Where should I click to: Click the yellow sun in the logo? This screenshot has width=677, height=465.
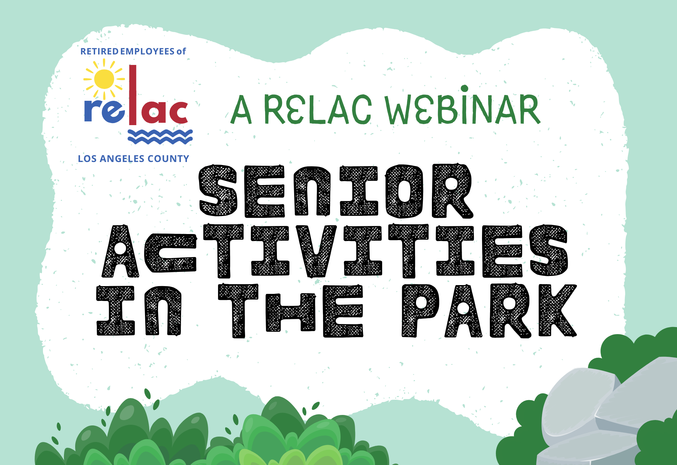point(104,79)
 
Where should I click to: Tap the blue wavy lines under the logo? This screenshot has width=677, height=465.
point(160,137)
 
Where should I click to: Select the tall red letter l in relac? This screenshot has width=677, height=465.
point(133,95)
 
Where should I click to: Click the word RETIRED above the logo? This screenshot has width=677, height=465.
point(100,51)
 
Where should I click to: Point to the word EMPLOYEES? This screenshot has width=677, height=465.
point(147,51)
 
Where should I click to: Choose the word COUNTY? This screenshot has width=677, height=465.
point(168,159)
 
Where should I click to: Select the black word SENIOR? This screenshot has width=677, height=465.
point(336,191)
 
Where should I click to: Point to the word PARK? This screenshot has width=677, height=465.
point(489,310)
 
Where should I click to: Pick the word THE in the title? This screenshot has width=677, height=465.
point(290,310)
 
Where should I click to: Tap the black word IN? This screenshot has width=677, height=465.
point(139,310)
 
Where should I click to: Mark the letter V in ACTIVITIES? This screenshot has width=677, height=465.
point(316,251)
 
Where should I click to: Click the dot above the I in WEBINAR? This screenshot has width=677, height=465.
point(465,89)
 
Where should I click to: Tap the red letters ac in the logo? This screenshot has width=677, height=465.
point(163,111)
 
